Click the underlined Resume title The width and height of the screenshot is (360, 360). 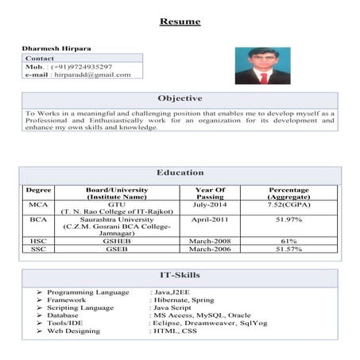[x=180, y=21]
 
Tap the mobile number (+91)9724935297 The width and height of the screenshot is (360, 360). [x=82, y=67]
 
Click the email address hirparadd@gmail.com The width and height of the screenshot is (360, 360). [x=91, y=75]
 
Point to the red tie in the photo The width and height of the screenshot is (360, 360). [x=264, y=77]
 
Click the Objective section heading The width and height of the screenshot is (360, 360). [x=180, y=99]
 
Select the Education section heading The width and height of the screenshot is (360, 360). [x=180, y=172]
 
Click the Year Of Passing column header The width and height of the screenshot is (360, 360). [x=211, y=193]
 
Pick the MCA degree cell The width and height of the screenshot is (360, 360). [x=38, y=205]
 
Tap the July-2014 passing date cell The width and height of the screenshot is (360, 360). [x=211, y=205]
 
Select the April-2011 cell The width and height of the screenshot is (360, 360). [x=211, y=219]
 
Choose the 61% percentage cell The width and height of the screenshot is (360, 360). [x=288, y=241]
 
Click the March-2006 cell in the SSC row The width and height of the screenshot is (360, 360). [x=211, y=249]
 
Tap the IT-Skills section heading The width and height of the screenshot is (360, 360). [x=180, y=276]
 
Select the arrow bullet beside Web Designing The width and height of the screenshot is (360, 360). [x=39, y=330]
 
